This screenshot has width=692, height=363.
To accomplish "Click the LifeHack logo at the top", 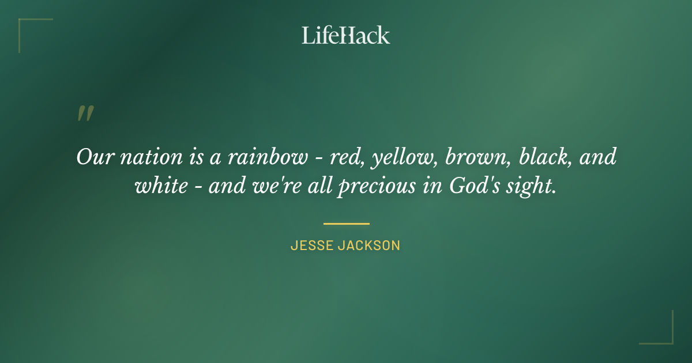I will pyautogui.click(x=345, y=35).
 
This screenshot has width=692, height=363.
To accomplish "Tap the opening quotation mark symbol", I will pyautogui.click(x=85, y=114).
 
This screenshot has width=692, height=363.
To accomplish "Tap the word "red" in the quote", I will pyautogui.click(x=344, y=157).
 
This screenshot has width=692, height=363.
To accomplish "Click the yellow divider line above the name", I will pyautogui.click(x=346, y=224).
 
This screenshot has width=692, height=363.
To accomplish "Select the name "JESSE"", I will pyautogui.click(x=312, y=245).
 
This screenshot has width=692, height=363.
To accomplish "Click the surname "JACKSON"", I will pyautogui.click(x=370, y=245).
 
